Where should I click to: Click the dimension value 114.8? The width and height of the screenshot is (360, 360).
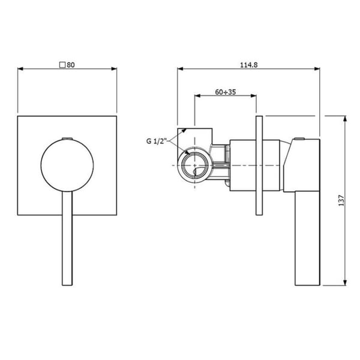(249, 65)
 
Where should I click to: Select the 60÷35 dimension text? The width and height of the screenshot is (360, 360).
(226, 92)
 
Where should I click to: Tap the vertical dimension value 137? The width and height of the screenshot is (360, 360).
(341, 200)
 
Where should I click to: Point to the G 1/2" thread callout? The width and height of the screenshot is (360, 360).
(156, 141)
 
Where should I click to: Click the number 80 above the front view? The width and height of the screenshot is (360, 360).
(71, 65)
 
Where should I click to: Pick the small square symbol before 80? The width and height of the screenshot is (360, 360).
(62, 65)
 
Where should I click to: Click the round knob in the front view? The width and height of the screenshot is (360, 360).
(67, 165)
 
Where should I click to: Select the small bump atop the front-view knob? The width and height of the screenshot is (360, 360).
(67, 139)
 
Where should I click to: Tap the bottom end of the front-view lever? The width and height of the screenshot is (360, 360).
(67, 285)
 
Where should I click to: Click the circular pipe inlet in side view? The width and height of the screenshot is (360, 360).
(194, 166)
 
